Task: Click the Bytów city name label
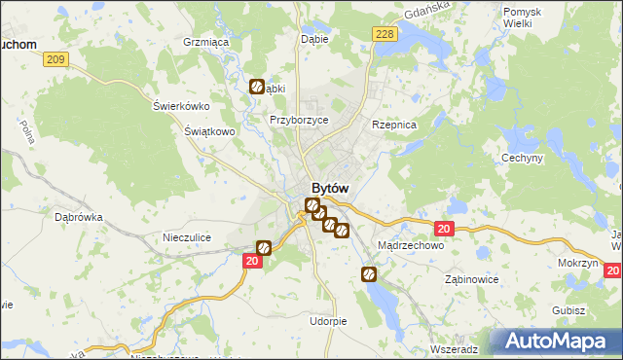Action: (330, 188)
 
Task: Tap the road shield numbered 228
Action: (385, 35)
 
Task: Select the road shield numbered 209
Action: (56, 60)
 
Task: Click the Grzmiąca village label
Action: (205, 43)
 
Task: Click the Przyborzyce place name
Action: (299, 120)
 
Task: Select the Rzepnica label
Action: (394, 126)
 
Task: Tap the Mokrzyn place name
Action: (578, 264)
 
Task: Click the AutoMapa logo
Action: (558, 342)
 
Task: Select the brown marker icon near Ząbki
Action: (256, 87)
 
